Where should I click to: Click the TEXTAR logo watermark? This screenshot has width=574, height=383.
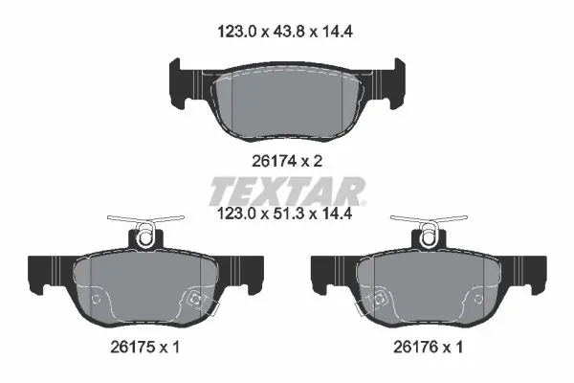pyautogui.click(x=287, y=191)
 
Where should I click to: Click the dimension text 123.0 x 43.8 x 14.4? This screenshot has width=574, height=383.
pyautogui.click(x=285, y=32)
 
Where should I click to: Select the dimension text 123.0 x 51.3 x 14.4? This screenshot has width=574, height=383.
pyautogui.click(x=285, y=214)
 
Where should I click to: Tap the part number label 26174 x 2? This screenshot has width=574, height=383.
pyautogui.click(x=287, y=161)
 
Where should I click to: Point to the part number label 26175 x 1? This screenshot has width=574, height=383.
pyautogui.click(x=145, y=347)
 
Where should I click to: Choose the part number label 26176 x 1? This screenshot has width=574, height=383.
pyautogui.click(x=429, y=347)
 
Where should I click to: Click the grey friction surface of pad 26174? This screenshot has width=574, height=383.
pyautogui.click(x=287, y=104)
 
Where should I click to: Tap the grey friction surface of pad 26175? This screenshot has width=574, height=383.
pyautogui.click(x=145, y=286)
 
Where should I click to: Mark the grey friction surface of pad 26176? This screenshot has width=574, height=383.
pyautogui.click(x=429, y=286)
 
